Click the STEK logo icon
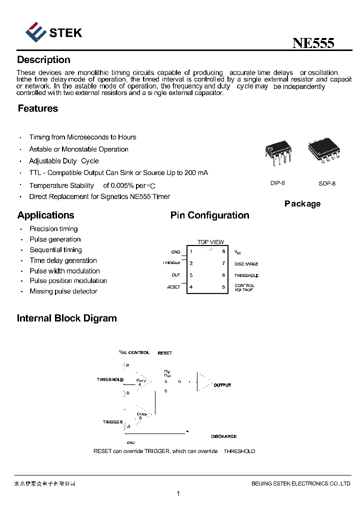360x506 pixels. (35, 32)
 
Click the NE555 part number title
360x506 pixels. (313, 43)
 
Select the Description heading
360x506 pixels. (43, 60)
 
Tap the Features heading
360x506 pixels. (37, 108)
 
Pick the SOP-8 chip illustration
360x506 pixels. (324, 150)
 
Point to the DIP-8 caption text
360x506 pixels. (277, 183)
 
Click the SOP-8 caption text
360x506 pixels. (327, 183)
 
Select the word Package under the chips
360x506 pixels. (302, 203)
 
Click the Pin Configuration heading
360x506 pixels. (209, 215)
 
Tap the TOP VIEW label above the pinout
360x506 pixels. (210, 242)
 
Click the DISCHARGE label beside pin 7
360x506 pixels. (246, 264)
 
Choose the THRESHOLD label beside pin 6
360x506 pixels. (246, 275)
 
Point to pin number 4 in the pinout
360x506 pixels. (191, 287)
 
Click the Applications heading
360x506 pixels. (45, 215)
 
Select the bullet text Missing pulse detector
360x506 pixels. (63, 291)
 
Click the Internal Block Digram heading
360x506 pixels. (66, 318)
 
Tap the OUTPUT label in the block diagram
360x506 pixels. (222, 385)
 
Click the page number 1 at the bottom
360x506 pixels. (178, 494)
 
